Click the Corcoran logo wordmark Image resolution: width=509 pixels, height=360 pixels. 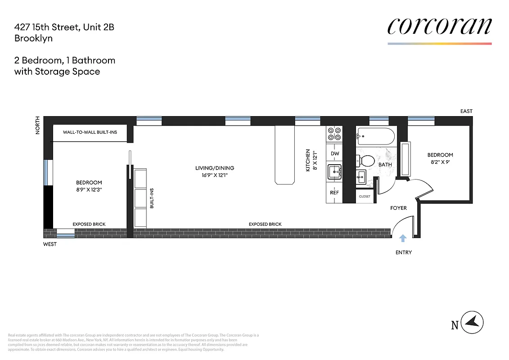tap(439, 27)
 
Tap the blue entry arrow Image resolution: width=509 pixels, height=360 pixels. tap(403, 238)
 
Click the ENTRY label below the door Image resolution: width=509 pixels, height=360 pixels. tap(403, 252)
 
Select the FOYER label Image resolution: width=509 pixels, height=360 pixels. tap(398, 208)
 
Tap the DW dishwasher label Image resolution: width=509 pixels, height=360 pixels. tap(334, 153)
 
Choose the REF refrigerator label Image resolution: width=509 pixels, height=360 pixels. tap(334, 193)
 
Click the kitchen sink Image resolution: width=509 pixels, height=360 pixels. tap(334, 172)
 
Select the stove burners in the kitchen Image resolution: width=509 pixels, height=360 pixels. tap(334, 134)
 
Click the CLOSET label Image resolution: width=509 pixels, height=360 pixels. tap(365, 196)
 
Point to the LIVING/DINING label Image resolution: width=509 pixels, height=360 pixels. tap(215, 168)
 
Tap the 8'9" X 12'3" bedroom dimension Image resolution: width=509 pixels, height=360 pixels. tap(89, 189)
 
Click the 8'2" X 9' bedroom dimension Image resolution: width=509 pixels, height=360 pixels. tap(440, 162)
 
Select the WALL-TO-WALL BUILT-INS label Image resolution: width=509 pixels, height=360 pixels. tap(90, 132)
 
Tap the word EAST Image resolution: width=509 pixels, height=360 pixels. tap(466, 111)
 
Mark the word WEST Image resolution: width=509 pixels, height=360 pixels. tap(50, 244)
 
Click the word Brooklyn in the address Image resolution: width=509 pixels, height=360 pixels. tap(33, 38)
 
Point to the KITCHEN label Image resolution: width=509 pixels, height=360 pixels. tap(308, 160)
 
